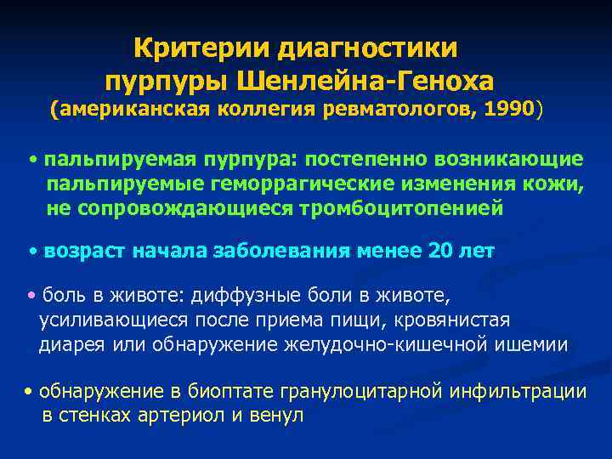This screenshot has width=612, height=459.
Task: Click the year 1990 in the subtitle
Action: point(509,110)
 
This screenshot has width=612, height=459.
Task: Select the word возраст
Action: point(88,251)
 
